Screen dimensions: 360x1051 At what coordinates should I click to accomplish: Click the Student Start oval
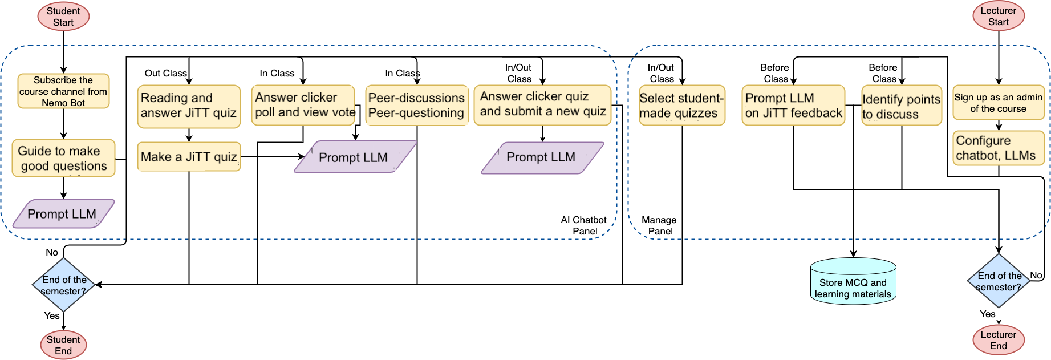[x=63, y=17]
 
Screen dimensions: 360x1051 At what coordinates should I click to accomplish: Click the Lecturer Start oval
[x=998, y=16]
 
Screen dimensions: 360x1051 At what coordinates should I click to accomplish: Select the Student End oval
[x=63, y=345]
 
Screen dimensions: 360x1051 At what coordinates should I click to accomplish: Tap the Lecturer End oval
[x=998, y=340]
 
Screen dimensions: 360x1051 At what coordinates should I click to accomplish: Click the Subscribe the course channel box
[x=63, y=91]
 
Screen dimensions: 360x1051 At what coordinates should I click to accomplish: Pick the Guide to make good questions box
[x=63, y=158]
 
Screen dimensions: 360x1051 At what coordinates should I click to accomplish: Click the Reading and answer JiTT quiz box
[x=189, y=106]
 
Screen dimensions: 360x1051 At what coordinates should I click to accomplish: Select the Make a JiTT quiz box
[x=189, y=157]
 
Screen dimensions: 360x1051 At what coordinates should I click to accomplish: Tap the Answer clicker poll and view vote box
[x=303, y=105]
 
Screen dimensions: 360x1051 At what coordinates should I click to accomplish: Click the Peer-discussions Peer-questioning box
[x=417, y=106]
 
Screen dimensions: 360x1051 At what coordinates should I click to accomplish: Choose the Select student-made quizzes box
[x=681, y=106]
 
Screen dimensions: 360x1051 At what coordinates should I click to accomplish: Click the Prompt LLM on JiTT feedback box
[x=793, y=106]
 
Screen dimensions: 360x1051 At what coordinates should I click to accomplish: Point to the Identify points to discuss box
[x=901, y=106]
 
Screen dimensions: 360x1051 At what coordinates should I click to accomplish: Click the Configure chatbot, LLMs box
[x=998, y=148]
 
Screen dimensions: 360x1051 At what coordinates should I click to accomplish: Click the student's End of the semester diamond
[x=63, y=285]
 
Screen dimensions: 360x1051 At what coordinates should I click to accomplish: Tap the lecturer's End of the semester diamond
[x=999, y=281]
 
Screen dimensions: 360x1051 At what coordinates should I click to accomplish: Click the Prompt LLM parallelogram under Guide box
[x=63, y=214]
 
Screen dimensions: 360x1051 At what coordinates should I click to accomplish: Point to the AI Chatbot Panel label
[x=584, y=225]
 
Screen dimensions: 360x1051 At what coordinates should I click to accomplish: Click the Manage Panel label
[x=659, y=225]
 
